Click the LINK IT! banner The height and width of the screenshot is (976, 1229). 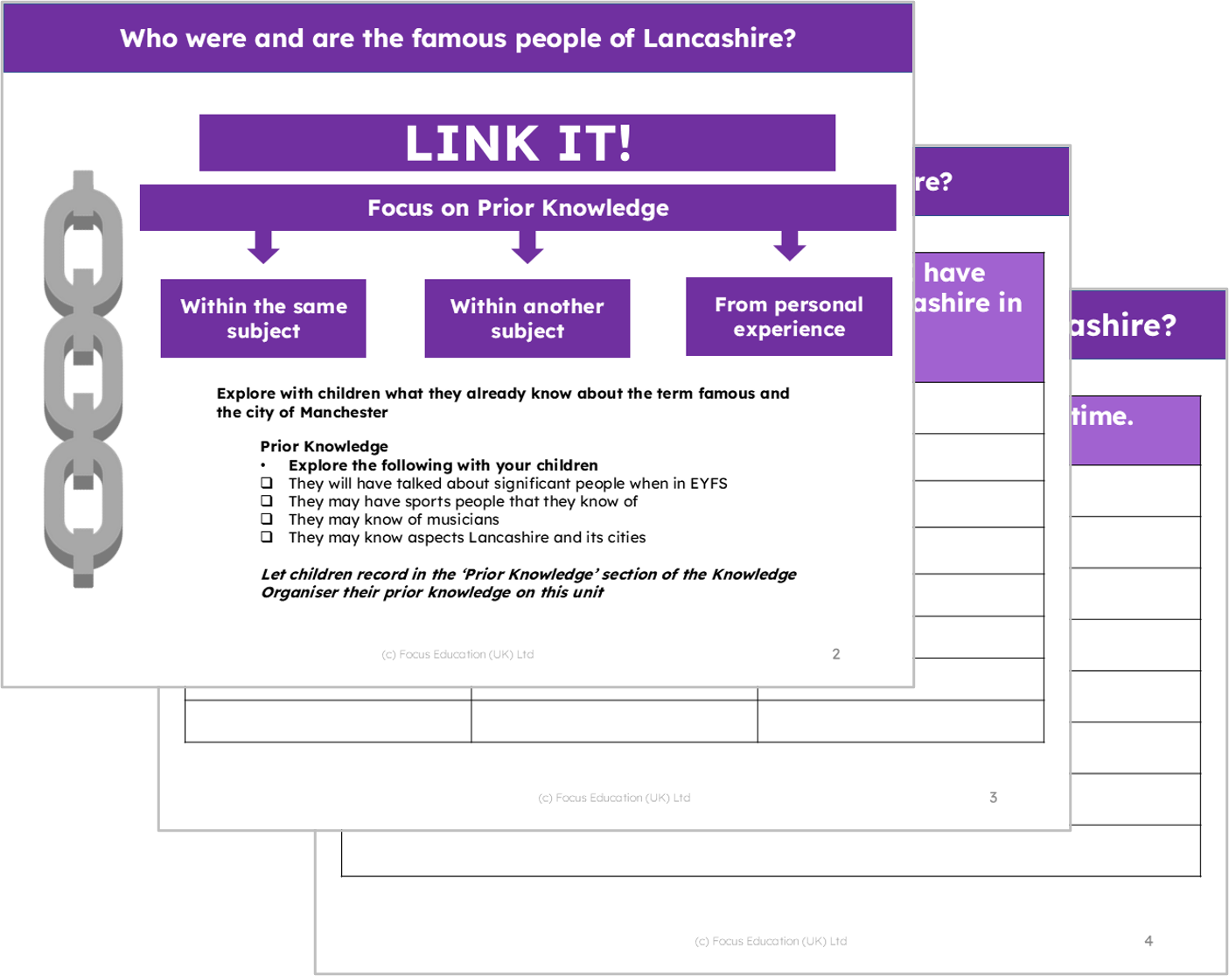[517, 143]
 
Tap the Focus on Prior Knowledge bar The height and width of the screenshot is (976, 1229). [518, 207]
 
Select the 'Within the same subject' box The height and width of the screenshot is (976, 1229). [263, 318]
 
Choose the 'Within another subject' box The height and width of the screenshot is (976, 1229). [527, 318]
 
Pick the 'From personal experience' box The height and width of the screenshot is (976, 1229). [788, 317]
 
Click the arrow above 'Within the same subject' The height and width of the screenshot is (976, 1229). [263, 247]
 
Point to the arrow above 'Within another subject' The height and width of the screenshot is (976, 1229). [527, 247]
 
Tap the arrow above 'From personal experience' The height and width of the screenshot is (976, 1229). [789, 246]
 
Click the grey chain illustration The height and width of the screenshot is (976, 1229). [83, 378]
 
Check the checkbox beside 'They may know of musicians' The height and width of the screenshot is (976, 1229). [267, 519]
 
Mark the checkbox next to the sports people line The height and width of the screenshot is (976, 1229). [267, 501]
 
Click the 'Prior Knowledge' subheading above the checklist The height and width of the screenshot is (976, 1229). [324, 446]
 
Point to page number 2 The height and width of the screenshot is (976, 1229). [836, 654]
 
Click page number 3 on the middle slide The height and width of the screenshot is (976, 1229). [993, 798]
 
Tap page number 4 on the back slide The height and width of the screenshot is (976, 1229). [1149, 941]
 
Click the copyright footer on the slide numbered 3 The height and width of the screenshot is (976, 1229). [614, 798]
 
